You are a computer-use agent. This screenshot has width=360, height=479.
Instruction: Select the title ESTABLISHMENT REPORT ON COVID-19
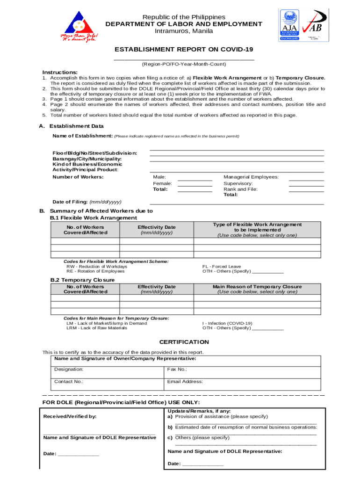click(x=184, y=50)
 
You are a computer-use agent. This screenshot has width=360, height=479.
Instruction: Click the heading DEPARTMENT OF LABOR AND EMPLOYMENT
click(x=184, y=24)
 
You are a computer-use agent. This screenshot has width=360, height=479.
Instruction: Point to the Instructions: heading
click(x=60, y=72)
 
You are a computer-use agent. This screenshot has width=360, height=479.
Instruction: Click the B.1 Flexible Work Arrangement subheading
click(x=94, y=218)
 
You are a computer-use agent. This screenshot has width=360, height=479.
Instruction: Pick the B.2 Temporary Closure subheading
click(x=82, y=280)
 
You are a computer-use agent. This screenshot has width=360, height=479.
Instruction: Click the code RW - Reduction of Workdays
click(x=97, y=266)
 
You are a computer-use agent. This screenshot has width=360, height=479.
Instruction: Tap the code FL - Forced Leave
click(x=222, y=266)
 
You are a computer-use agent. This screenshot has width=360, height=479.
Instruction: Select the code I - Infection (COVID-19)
click(x=227, y=323)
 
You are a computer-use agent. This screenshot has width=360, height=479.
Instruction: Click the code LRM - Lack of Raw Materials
click(x=97, y=328)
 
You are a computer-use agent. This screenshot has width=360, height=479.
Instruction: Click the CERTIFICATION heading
click(x=184, y=342)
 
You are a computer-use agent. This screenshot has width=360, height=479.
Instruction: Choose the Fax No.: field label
click(x=177, y=369)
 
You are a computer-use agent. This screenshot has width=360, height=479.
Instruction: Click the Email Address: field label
click(x=185, y=381)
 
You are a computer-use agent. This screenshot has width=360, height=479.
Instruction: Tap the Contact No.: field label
click(x=69, y=381)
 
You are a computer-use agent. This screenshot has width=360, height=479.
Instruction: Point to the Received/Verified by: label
click(x=70, y=416)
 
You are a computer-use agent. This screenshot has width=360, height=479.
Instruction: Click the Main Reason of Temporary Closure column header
click(x=257, y=287)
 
